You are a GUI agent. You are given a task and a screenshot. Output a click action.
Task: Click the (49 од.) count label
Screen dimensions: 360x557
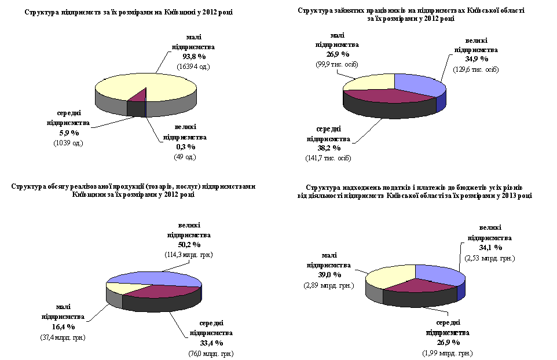tap(185, 157)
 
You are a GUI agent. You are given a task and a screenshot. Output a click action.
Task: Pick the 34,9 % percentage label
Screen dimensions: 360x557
tap(476, 59)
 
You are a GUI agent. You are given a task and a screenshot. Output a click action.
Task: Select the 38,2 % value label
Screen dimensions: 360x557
tap(328, 148)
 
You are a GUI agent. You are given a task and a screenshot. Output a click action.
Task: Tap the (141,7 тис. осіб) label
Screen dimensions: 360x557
tap(328, 158)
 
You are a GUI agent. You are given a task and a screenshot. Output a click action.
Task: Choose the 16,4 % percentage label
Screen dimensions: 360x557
tap(63, 327)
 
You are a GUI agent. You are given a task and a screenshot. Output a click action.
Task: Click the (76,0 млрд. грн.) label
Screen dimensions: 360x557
tap(211, 354)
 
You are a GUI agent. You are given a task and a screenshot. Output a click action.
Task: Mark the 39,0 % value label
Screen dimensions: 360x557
tap(328, 276)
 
